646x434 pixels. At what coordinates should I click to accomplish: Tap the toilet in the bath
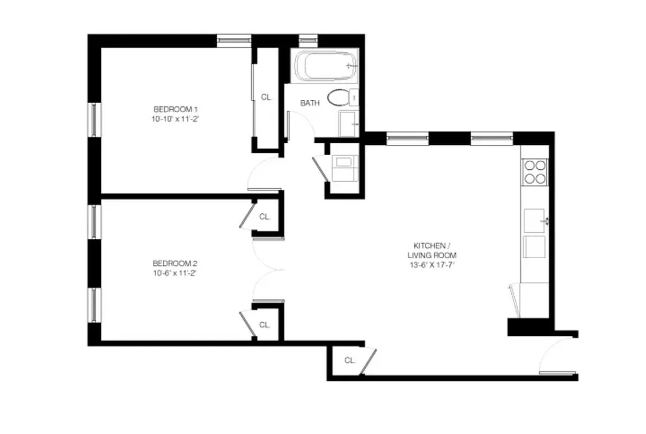coord(339,98)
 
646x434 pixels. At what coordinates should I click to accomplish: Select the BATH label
coord(310,103)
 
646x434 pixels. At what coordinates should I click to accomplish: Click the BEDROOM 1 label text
coord(172,108)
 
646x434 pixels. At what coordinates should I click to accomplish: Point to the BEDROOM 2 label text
coord(171,264)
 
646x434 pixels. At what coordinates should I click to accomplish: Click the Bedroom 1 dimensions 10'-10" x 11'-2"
coord(173,118)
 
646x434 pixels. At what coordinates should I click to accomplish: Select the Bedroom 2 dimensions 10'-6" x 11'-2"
coord(174,273)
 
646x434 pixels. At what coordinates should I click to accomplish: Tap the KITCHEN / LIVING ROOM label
coord(431,250)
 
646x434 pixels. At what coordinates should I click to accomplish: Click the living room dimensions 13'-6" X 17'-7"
coord(431,265)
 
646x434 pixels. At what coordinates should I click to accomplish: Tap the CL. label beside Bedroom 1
coord(266,98)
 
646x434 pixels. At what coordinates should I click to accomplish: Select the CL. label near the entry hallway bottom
coord(349,360)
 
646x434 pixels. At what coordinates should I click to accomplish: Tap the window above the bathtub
coord(308,40)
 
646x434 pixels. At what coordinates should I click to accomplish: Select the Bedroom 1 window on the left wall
coord(94,119)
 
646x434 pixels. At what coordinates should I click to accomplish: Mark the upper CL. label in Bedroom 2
coord(265,216)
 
